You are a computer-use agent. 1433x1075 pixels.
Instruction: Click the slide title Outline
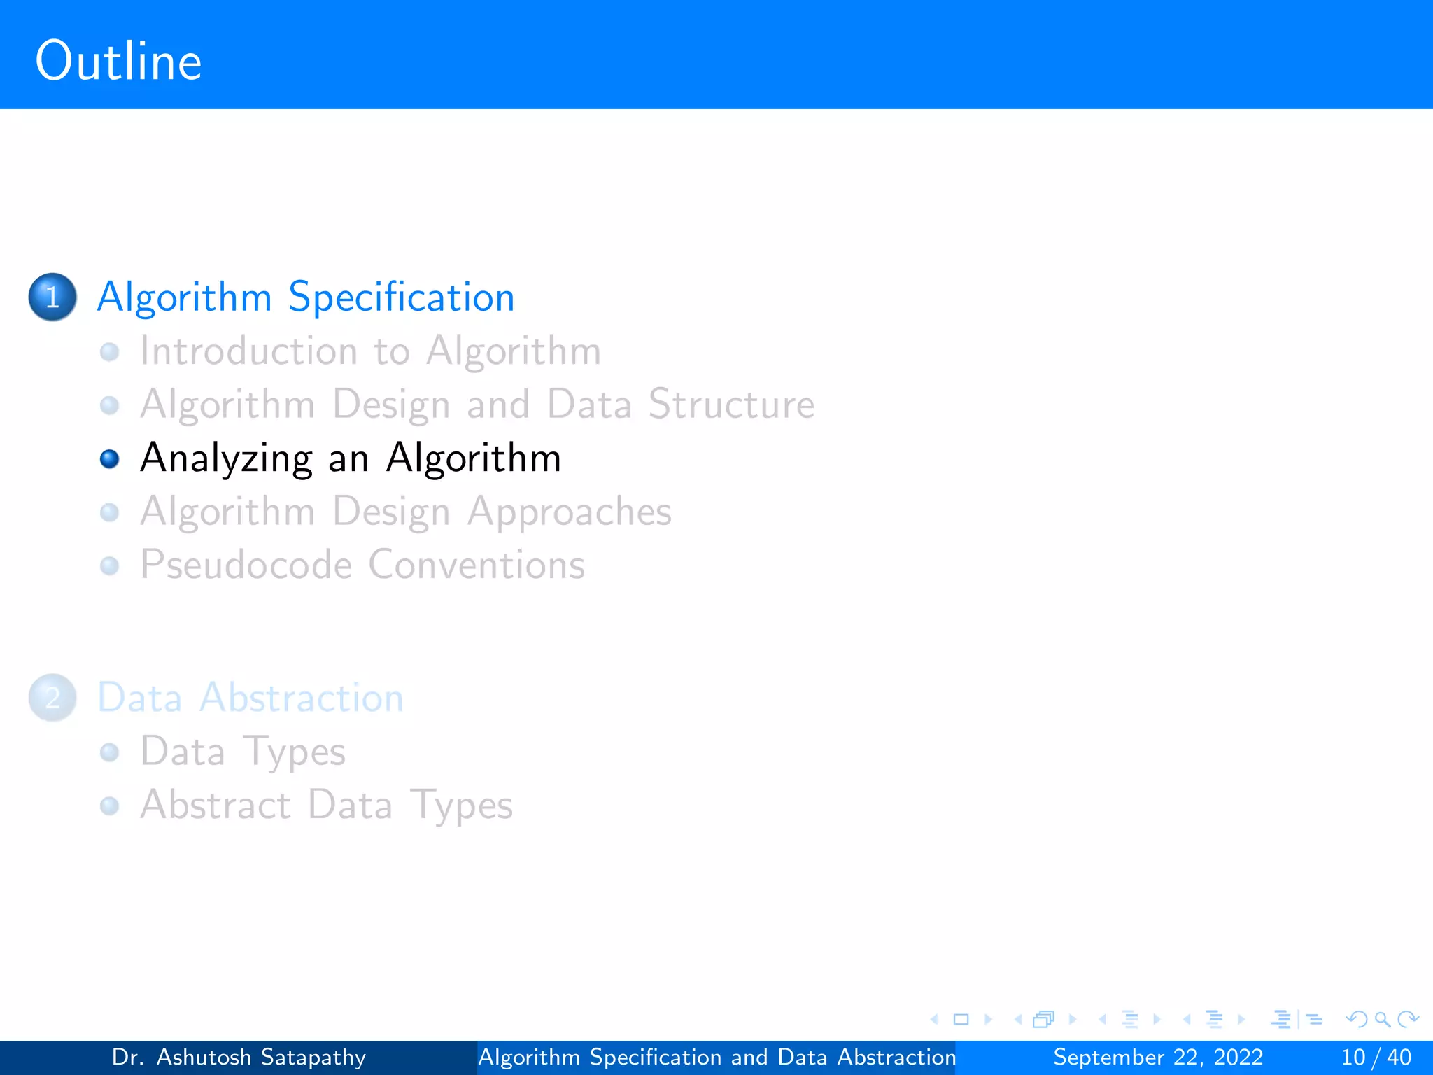(x=118, y=62)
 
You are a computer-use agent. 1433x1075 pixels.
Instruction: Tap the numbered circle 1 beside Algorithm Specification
(x=52, y=297)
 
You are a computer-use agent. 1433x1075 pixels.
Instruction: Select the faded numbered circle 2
(x=52, y=698)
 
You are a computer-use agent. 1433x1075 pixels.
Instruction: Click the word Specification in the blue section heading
(x=401, y=297)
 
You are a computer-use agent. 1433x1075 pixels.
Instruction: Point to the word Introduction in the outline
(x=248, y=351)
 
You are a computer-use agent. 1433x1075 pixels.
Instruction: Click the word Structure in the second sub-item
(x=731, y=405)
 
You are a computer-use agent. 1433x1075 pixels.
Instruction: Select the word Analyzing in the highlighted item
(x=226, y=458)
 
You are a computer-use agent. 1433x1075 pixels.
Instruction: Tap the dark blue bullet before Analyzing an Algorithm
(x=110, y=459)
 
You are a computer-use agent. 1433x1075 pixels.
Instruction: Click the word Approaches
(x=570, y=512)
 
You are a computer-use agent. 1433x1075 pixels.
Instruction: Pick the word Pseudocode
(x=246, y=565)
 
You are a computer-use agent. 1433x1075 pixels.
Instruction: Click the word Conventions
(x=477, y=565)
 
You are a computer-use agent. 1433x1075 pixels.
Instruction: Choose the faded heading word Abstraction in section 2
(x=302, y=698)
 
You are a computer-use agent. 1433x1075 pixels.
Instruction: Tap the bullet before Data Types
(x=110, y=752)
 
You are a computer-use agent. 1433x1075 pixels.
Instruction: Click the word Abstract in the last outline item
(x=216, y=805)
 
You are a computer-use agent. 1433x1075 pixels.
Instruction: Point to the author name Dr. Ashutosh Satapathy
(x=239, y=1057)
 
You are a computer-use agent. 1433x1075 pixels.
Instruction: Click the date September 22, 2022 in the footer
(x=1158, y=1057)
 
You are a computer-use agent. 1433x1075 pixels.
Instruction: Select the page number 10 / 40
(x=1376, y=1057)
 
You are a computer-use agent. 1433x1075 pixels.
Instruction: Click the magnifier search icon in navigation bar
(x=1382, y=1020)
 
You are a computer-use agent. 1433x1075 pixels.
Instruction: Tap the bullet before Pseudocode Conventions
(x=110, y=565)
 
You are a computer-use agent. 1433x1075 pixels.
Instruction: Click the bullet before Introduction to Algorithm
(x=110, y=351)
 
